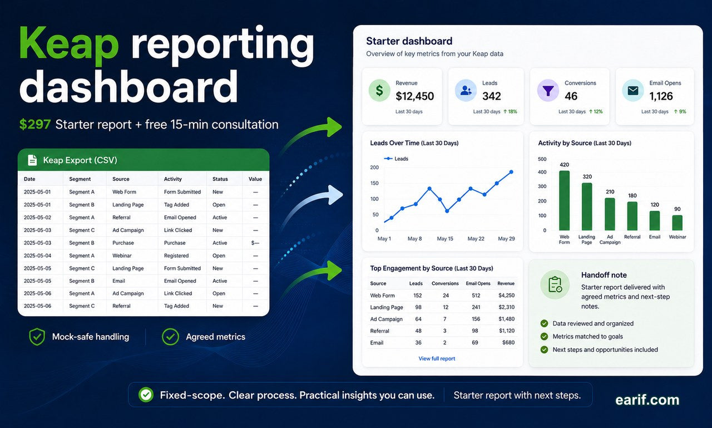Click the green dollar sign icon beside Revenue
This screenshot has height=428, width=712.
coord(379,91)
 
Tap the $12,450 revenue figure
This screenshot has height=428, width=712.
coord(414,96)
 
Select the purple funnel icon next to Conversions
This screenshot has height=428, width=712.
coord(548,91)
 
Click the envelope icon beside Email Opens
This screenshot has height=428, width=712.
coord(633,91)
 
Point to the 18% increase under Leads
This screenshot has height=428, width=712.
coord(510,112)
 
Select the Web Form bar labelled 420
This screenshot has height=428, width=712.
coord(564,200)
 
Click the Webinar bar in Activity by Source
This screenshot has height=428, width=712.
coord(677,223)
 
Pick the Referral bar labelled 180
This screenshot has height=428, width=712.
coord(632,216)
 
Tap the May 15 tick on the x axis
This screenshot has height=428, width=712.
coord(444,238)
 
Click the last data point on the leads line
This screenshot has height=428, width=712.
coord(511,172)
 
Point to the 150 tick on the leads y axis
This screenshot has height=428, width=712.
coord(374,183)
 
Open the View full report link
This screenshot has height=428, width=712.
coord(437,358)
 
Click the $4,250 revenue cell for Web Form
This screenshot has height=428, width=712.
coord(506,296)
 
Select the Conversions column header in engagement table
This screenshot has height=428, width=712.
coord(445,283)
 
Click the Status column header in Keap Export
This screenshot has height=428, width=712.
coord(220,179)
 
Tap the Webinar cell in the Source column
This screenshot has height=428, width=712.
coord(122,255)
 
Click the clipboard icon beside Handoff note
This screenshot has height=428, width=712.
coord(555,284)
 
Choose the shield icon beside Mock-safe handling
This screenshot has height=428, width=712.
coord(37,337)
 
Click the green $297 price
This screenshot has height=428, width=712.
coord(34,124)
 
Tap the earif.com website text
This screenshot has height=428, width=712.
coord(647,400)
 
